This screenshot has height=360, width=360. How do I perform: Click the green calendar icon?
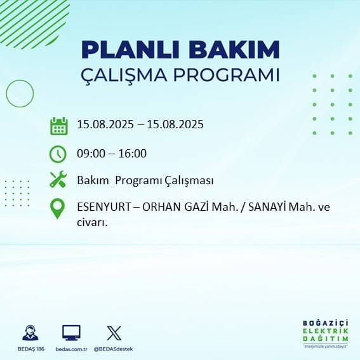point(58,126)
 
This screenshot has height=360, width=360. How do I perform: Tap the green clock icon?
point(58,154)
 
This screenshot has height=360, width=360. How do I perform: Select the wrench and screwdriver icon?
point(58,180)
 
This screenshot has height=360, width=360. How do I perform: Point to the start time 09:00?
point(91,153)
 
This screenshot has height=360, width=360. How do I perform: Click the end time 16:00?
point(132,153)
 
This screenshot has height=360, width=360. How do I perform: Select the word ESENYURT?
point(104,208)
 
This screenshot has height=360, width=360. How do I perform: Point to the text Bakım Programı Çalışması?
point(145,180)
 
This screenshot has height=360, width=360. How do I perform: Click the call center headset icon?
point(30,333)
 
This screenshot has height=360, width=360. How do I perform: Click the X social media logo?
point(114,333)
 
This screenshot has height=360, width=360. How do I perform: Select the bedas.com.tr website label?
point(70,349)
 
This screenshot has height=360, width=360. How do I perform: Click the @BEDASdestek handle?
point(114,349)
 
